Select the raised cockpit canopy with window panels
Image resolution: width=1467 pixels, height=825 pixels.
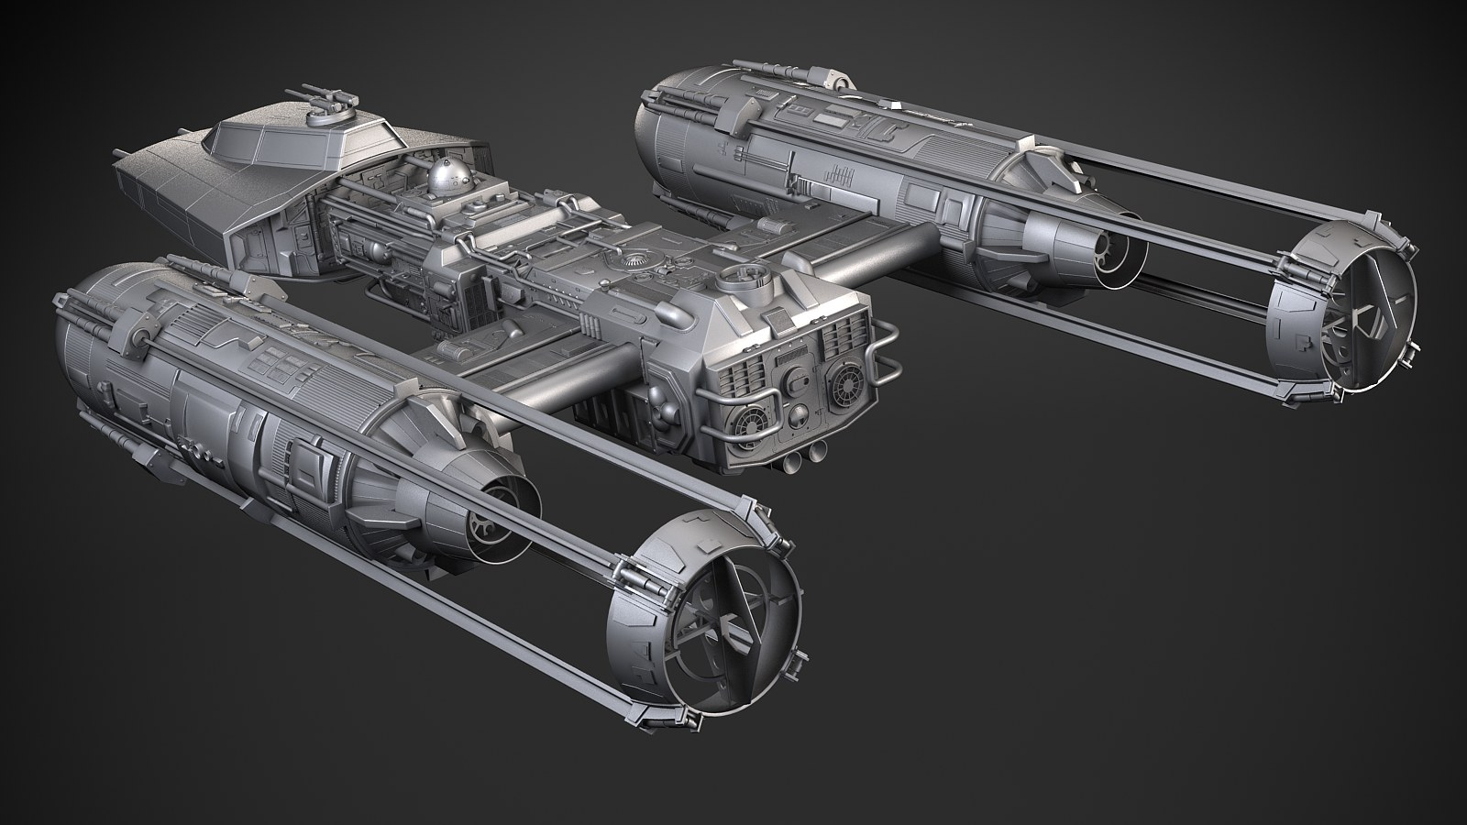303,141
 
